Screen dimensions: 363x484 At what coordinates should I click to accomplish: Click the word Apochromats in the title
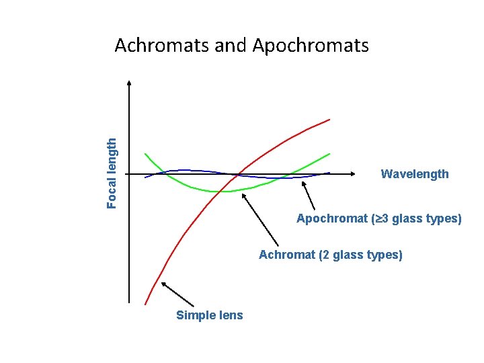click(311, 46)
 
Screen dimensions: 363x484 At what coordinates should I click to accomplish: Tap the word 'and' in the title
click(232, 46)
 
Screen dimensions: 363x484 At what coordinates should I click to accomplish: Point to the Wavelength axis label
click(415, 174)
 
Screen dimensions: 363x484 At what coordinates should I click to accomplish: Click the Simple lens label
click(210, 315)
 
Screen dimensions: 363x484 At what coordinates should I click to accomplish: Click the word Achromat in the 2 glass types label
click(287, 255)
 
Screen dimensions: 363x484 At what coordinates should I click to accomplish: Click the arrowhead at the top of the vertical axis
click(129, 83)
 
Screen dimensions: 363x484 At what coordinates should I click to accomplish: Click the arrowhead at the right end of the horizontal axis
click(352, 174)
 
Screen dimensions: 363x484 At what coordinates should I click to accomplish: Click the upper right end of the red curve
click(329, 119)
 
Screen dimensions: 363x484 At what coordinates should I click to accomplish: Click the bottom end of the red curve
click(145, 304)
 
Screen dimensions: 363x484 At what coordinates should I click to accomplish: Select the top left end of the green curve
click(145, 155)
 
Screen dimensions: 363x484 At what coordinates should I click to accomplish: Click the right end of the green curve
click(329, 154)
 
